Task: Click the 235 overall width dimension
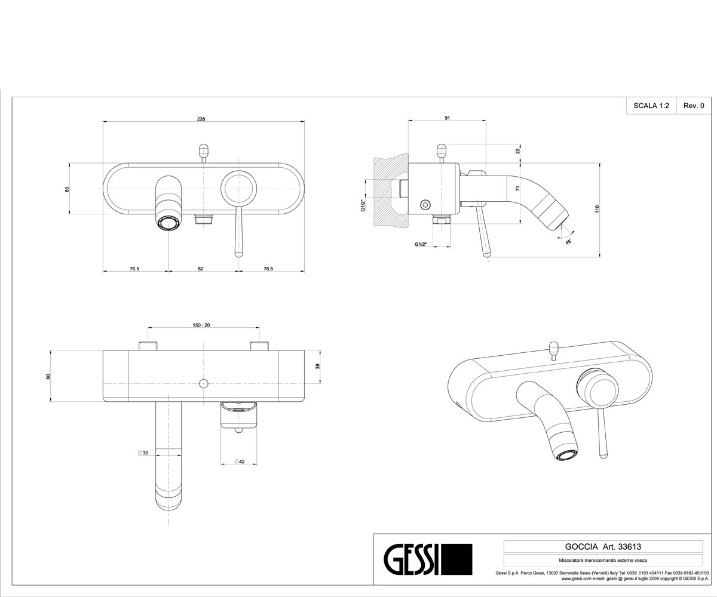tap(201, 119)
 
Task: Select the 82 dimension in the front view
tap(201, 269)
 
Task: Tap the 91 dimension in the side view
tap(447, 118)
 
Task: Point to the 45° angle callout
tap(569, 242)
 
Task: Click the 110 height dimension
tap(597, 208)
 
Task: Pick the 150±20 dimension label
tap(201, 325)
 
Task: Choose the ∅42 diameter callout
tap(240, 461)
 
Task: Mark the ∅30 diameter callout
tap(143, 453)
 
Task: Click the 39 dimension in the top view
tap(318, 366)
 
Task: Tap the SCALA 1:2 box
tap(651, 106)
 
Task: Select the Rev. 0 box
tap(694, 106)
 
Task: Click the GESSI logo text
tap(411, 559)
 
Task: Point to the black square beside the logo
tap(456, 559)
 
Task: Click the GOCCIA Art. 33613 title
tap(603, 547)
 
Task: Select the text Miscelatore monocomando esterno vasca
tap(603, 561)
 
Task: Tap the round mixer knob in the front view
tap(238, 188)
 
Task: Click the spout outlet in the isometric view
tap(567, 456)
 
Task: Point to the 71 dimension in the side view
tap(518, 188)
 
